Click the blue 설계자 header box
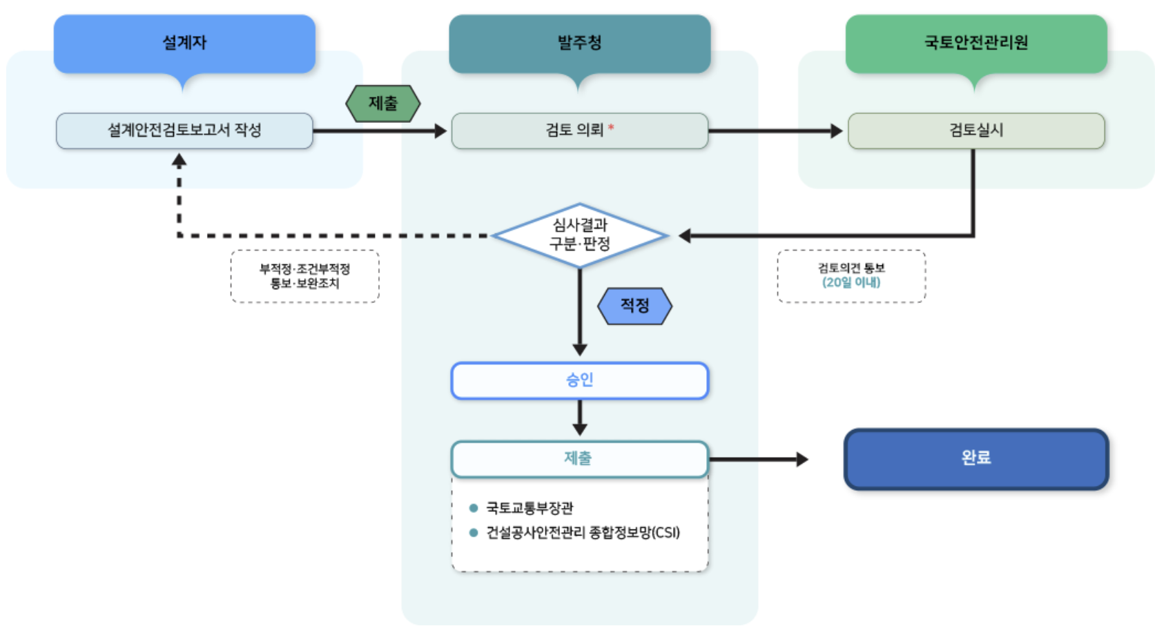(x=184, y=43)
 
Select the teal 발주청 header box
(x=579, y=43)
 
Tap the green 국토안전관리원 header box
(x=976, y=43)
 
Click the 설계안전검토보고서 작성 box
(x=184, y=130)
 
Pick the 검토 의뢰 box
(x=579, y=130)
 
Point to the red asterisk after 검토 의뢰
(x=611, y=128)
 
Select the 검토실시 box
(x=976, y=130)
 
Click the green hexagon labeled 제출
(x=383, y=104)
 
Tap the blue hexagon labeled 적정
(x=634, y=306)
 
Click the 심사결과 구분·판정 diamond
(x=580, y=235)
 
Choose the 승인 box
(x=579, y=381)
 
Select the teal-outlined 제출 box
(x=579, y=459)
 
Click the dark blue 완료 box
(x=976, y=459)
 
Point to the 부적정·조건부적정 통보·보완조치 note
(x=305, y=276)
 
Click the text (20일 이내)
(x=851, y=282)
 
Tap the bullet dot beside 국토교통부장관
(x=473, y=508)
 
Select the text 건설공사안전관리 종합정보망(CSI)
(x=583, y=533)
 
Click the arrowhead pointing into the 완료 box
(x=803, y=459)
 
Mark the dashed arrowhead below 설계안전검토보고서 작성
(x=179, y=160)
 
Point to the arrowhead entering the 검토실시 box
(x=837, y=130)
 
